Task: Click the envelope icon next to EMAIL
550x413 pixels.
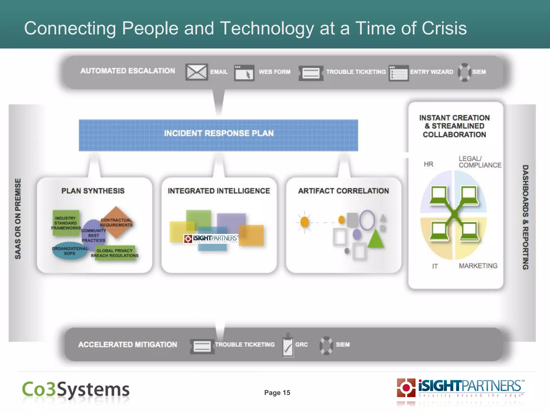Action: click(x=196, y=72)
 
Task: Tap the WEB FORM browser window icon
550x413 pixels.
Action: click(x=244, y=73)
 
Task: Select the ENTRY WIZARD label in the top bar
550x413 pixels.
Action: click(x=431, y=72)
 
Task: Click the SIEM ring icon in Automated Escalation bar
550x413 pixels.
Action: click(x=464, y=72)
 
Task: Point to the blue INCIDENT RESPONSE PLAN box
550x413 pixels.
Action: click(x=218, y=135)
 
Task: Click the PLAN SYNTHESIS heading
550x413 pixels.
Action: click(x=93, y=191)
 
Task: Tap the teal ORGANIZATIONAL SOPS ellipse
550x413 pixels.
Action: click(x=70, y=251)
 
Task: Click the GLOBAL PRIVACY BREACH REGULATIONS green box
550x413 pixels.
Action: click(x=115, y=253)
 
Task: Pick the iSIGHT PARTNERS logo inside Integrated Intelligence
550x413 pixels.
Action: click(x=211, y=238)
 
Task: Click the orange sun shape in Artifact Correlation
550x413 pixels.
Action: click(x=305, y=222)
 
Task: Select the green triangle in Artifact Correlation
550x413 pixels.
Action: click(x=375, y=238)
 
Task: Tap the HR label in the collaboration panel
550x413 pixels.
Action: click(x=428, y=164)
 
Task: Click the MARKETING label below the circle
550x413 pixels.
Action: click(x=478, y=266)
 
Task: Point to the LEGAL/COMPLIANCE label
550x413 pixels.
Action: click(x=480, y=162)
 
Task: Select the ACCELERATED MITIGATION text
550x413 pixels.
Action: click(x=128, y=344)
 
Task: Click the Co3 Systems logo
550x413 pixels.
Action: click(x=76, y=390)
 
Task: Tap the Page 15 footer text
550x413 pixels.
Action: click(x=277, y=393)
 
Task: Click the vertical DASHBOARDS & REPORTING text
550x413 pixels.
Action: click(x=525, y=217)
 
